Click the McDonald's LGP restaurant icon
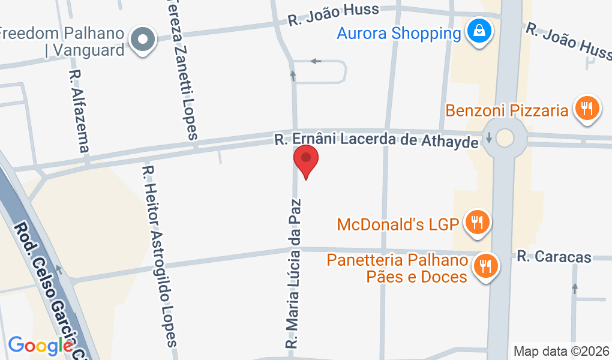point(478,223)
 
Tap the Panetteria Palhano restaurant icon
point(486,265)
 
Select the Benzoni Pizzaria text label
point(507,110)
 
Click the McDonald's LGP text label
point(398,225)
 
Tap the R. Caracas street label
point(554,257)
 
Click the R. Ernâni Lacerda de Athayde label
point(377,140)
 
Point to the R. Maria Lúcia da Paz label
point(294,273)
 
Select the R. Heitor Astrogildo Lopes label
point(158,255)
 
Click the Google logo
point(41,345)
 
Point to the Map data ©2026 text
point(562,350)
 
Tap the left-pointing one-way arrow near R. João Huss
point(316,61)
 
